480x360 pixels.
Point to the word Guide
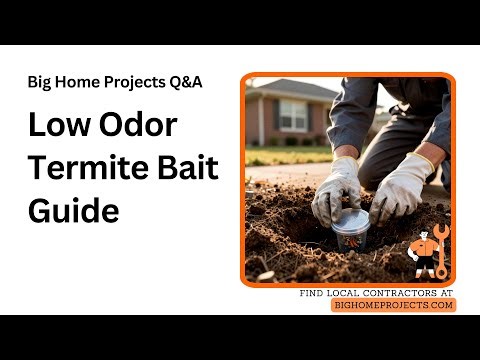(73, 211)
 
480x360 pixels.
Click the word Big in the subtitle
(41, 82)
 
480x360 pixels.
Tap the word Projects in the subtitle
(132, 82)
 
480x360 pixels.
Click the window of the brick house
(294, 115)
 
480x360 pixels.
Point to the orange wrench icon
(441, 256)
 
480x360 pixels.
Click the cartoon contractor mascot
(424, 255)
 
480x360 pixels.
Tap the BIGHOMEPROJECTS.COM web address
(393, 305)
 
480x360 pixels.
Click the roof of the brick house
(290, 88)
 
